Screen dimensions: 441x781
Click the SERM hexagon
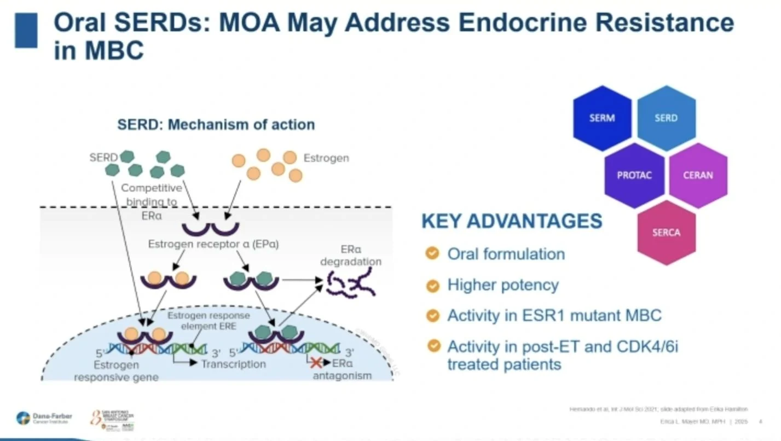602,118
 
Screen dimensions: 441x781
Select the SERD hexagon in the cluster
666,118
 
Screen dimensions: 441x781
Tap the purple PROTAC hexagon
634,176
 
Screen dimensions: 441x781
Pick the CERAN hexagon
698,176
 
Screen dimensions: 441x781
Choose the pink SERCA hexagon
666,233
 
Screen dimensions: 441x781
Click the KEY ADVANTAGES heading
512,222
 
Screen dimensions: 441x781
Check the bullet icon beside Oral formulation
433,253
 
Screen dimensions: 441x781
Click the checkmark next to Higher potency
433,285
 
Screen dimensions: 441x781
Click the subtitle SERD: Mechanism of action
216,125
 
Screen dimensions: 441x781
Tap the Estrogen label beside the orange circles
326,158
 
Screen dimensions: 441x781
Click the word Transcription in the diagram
233,364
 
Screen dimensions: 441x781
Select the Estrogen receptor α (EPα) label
213,245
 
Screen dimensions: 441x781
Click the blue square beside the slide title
26,31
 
